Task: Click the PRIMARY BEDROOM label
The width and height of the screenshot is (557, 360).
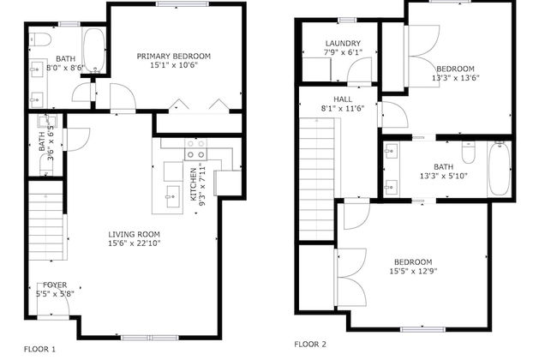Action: pyautogui.click(x=174, y=57)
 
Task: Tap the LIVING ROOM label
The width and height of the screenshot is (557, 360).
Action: pyautogui.click(x=134, y=234)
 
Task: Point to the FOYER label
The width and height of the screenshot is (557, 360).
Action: pyautogui.click(x=55, y=285)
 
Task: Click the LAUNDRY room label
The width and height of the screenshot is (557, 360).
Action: pyautogui.click(x=343, y=44)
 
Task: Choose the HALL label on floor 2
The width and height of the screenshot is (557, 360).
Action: pyautogui.click(x=331, y=99)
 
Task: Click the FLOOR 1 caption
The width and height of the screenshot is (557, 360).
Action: pyautogui.click(x=39, y=348)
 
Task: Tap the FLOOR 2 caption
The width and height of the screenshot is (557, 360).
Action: pyautogui.click(x=310, y=344)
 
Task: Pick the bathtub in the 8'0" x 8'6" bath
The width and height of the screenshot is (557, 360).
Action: pyautogui.click(x=93, y=51)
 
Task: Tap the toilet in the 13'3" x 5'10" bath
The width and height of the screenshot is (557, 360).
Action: pyautogui.click(x=468, y=152)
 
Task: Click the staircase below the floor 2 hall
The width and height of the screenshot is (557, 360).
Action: pyautogui.click(x=315, y=177)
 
